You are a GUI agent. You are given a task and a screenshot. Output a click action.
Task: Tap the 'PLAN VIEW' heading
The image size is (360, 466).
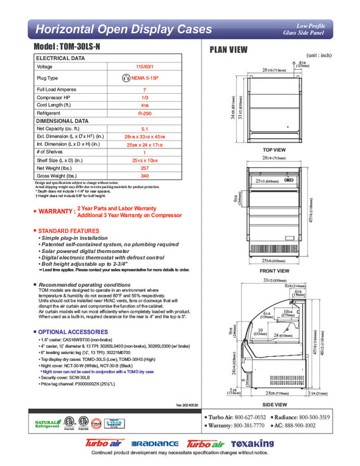tap(229, 49)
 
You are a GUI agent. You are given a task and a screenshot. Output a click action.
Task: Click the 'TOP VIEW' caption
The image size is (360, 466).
tap(274, 150)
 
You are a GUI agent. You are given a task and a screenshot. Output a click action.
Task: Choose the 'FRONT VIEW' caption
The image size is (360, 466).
tap(274, 271)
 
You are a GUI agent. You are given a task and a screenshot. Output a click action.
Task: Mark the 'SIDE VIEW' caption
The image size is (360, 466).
tap(274, 403)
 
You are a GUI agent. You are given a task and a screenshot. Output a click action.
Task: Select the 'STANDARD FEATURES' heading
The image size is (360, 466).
tap(69, 230)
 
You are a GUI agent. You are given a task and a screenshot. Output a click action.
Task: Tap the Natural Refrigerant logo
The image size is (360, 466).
tap(47, 423)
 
